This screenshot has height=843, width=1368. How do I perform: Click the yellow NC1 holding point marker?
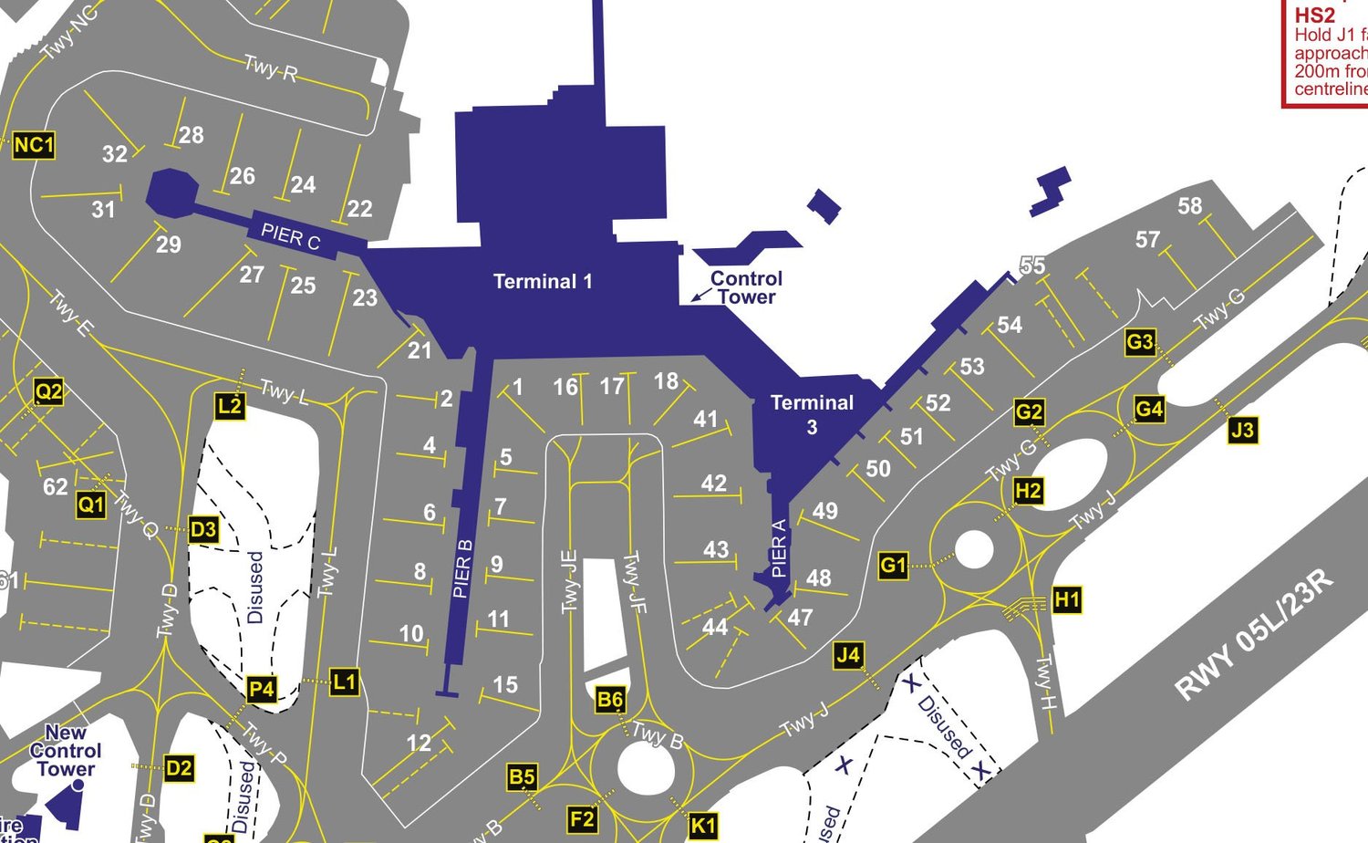(34, 145)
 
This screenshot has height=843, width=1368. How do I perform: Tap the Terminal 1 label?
(543, 282)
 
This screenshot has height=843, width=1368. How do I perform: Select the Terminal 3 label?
(812, 414)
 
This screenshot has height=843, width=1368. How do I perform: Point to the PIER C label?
(291, 236)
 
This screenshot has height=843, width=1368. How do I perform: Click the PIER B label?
(462, 568)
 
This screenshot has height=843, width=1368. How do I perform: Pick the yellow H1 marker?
(1066, 600)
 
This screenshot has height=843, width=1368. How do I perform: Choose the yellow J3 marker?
(1242, 430)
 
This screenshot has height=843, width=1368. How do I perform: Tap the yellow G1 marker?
(893, 566)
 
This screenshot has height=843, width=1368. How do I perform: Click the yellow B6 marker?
(609, 701)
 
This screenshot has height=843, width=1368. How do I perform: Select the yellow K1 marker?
(702, 826)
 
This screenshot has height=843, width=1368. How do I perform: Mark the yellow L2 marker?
(230, 406)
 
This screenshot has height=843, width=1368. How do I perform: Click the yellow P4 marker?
(262, 689)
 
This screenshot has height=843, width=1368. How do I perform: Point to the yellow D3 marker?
(203, 529)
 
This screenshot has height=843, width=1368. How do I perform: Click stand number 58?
(1189, 206)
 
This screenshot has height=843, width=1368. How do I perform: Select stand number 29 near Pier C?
(169, 245)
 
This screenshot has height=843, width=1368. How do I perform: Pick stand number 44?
(715, 627)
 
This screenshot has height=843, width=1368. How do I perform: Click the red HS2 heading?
(1314, 16)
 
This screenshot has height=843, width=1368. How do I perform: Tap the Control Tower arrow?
(700, 294)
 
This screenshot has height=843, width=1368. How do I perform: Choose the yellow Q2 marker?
(48, 392)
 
